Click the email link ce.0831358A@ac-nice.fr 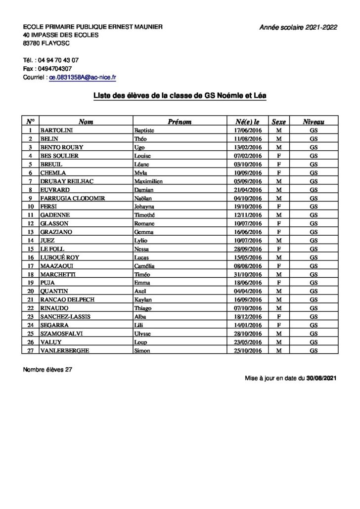(x=83, y=78)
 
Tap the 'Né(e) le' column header (x=247, y=121)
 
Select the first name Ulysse (x=143, y=334)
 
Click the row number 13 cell (x=31, y=232)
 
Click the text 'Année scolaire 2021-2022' (x=298, y=28)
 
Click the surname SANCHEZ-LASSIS (x=62, y=317)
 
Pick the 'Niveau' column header (x=314, y=121)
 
